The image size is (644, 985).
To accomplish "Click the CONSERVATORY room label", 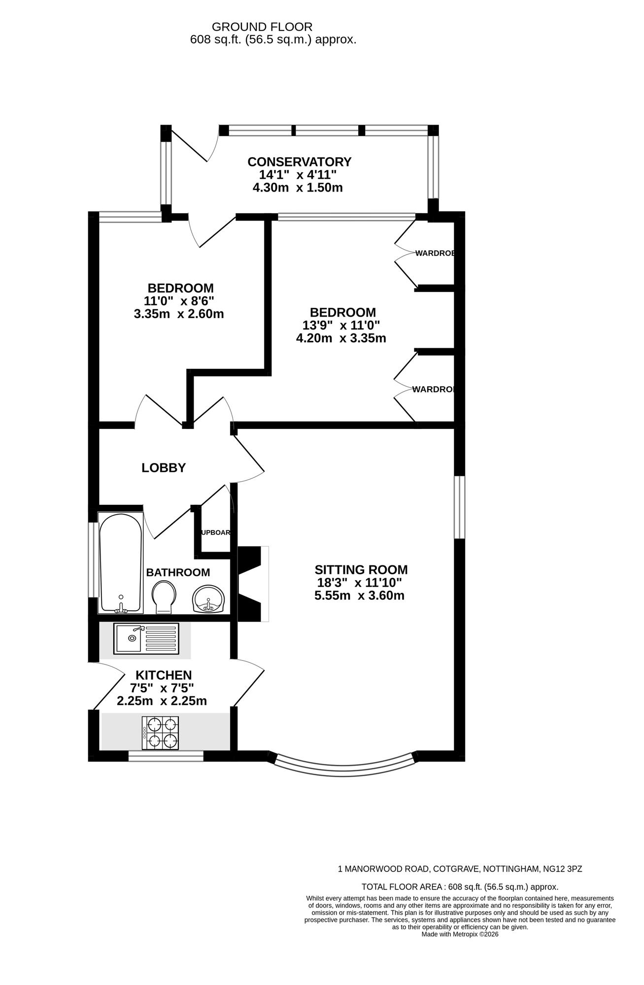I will tap(299, 162).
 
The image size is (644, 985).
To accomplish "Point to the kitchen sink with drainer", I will tap(146, 638).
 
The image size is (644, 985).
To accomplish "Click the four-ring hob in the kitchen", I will tap(160, 732).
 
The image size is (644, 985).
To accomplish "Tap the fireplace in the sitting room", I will tap(252, 584).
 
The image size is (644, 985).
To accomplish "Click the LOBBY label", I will tap(164, 468).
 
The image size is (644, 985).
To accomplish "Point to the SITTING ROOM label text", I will tap(361, 570).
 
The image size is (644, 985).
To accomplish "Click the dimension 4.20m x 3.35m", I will tap(340, 338).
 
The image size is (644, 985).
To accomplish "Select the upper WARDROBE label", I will tap(434, 253).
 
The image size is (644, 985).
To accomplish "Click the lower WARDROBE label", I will tap(433, 390).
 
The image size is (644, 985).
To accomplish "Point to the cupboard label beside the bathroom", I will tap(215, 532).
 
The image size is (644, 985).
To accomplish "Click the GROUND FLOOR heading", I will tap(262, 27).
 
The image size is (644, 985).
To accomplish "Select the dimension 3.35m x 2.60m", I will tap(179, 314).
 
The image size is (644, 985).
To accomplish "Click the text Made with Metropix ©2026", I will tap(460, 934).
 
